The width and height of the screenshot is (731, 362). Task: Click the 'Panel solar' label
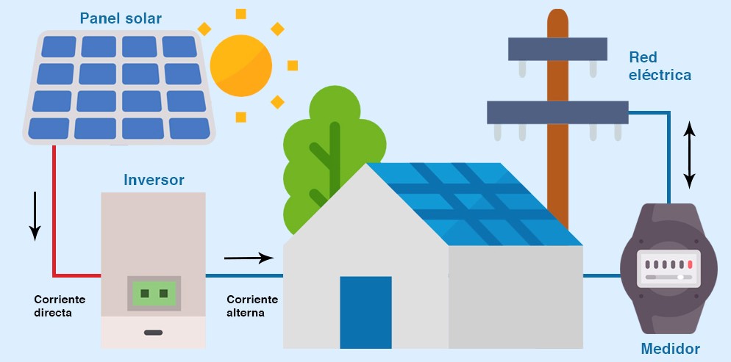tap(121, 18)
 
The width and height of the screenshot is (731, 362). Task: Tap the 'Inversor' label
tap(154, 180)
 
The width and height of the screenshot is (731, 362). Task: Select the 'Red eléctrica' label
tap(660, 66)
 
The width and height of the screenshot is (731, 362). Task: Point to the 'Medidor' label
tap(671, 349)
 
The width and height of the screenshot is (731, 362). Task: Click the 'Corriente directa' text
tap(60, 305)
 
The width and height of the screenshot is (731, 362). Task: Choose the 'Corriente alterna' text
tap(252, 305)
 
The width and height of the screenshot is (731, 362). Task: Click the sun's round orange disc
tap(240, 65)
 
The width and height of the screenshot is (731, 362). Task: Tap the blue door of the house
tap(365, 312)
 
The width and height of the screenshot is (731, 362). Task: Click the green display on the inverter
tap(154, 293)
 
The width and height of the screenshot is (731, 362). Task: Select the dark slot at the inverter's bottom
tap(154, 333)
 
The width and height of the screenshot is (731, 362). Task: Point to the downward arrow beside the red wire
tap(35, 216)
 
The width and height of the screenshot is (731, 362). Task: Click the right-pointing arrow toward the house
tap(249, 258)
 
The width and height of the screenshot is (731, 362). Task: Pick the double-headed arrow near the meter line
tap(690, 154)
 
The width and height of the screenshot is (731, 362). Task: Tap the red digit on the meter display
tap(690, 264)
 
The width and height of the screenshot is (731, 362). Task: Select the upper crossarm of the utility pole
tap(557, 49)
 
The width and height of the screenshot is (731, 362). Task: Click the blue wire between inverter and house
tap(244, 275)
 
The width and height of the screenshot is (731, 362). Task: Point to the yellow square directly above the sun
tap(240, 14)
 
